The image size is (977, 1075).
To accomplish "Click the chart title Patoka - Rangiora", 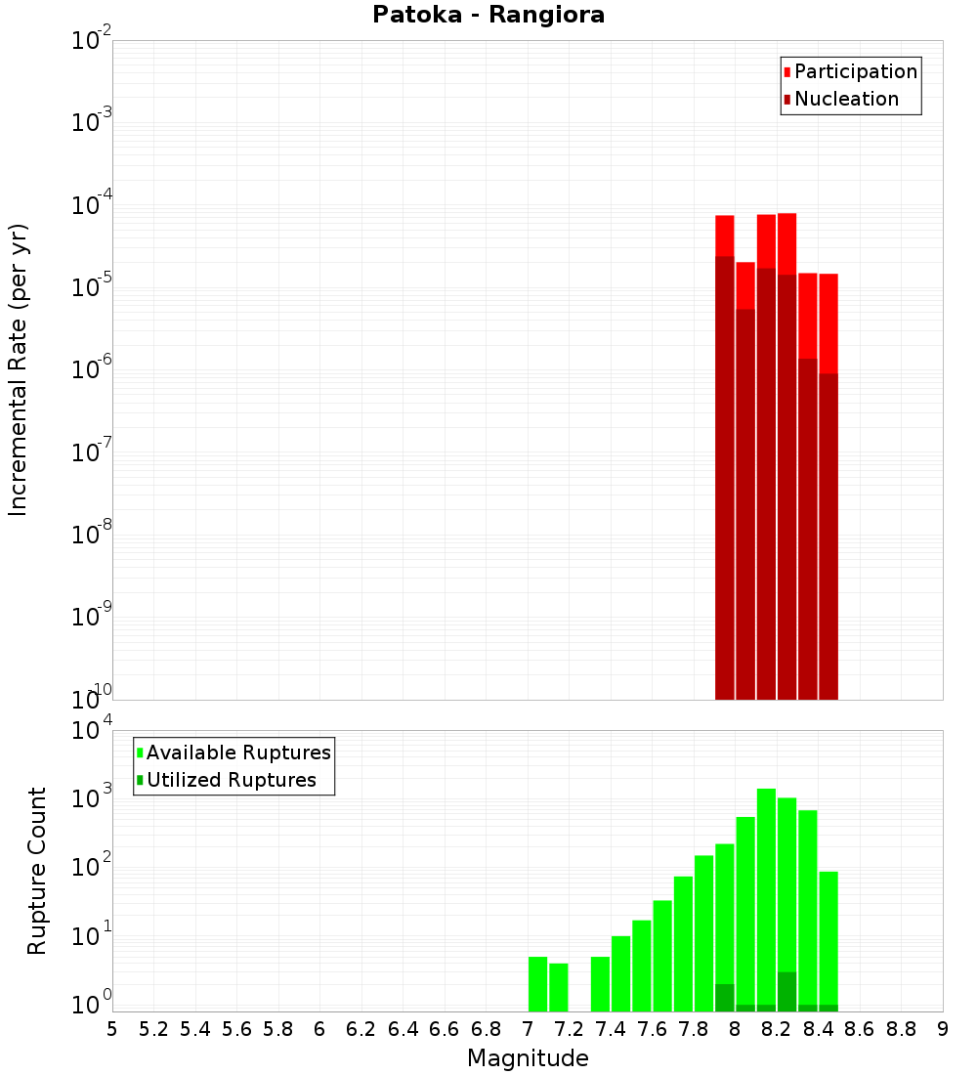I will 488,16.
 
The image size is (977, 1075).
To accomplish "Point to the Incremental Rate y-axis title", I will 19,369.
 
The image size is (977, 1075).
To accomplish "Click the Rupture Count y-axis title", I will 37,871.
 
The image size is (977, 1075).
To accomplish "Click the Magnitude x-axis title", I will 528,1058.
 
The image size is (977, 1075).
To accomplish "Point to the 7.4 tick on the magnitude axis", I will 611,1029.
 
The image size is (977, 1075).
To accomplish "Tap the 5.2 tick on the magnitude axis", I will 154,1029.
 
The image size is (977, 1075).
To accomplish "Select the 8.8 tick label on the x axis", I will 902,1029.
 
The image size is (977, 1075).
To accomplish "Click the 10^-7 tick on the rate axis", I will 93,451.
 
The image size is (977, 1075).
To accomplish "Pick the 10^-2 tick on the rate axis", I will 93,41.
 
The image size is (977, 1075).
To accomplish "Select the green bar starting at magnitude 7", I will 537,983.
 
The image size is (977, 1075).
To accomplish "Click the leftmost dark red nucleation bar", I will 724,479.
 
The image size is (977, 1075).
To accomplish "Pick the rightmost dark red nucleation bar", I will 828,537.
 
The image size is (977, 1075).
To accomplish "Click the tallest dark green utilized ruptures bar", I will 786,991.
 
